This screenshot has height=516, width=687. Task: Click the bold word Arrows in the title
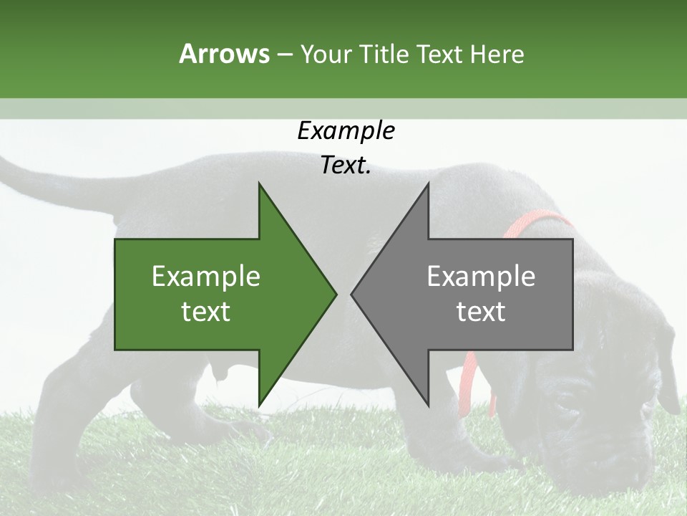[x=224, y=54]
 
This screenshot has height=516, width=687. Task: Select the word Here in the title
[x=497, y=54]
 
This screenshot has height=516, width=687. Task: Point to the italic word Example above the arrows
[x=346, y=131]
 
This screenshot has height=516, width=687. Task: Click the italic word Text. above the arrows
[x=346, y=166]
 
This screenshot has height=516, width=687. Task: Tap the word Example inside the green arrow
[x=206, y=277]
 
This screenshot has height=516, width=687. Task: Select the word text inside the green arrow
[x=206, y=311]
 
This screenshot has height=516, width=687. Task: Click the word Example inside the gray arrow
[x=481, y=277]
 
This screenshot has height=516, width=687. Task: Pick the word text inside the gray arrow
[x=481, y=311]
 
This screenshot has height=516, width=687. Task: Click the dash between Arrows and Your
[x=284, y=55]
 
